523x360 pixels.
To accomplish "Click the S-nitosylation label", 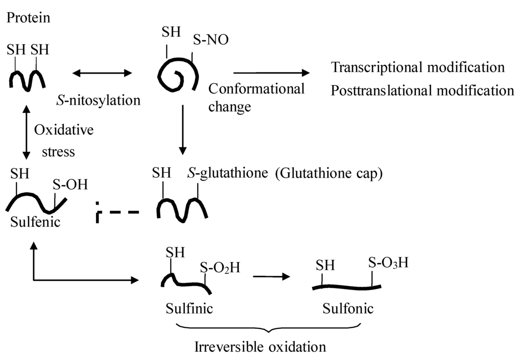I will (x=98, y=100).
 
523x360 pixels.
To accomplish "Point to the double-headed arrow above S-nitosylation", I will (x=102, y=74).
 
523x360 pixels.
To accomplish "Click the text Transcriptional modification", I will (x=418, y=67).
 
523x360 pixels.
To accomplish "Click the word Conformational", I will (x=256, y=89).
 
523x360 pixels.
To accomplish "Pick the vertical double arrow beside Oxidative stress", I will (x=26, y=131).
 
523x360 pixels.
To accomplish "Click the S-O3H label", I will (x=388, y=264).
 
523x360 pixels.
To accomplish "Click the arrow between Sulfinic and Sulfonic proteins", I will (x=272, y=277).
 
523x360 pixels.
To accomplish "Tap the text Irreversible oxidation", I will (x=260, y=347).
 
